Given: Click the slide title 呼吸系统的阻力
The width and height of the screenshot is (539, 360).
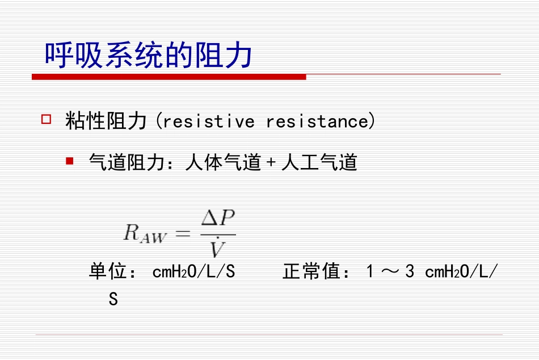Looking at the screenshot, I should (x=149, y=56).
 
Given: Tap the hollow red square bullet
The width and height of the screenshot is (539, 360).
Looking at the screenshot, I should (x=47, y=119).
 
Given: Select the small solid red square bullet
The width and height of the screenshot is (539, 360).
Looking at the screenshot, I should (x=69, y=161).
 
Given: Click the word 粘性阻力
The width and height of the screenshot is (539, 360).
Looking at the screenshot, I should (x=106, y=121).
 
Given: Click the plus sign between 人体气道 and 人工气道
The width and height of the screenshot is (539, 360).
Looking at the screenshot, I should (x=271, y=164).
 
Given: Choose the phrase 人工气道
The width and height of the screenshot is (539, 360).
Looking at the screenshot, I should (x=319, y=163).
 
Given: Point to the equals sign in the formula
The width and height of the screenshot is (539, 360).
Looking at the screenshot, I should (x=183, y=232).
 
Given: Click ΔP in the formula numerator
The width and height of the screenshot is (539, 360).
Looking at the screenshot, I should (x=218, y=219).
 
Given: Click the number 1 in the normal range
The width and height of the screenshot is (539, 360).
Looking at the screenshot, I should (x=370, y=272).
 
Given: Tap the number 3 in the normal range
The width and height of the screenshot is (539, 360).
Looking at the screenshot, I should (x=410, y=272).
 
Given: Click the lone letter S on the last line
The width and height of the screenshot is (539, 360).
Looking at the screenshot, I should (x=113, y=299).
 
